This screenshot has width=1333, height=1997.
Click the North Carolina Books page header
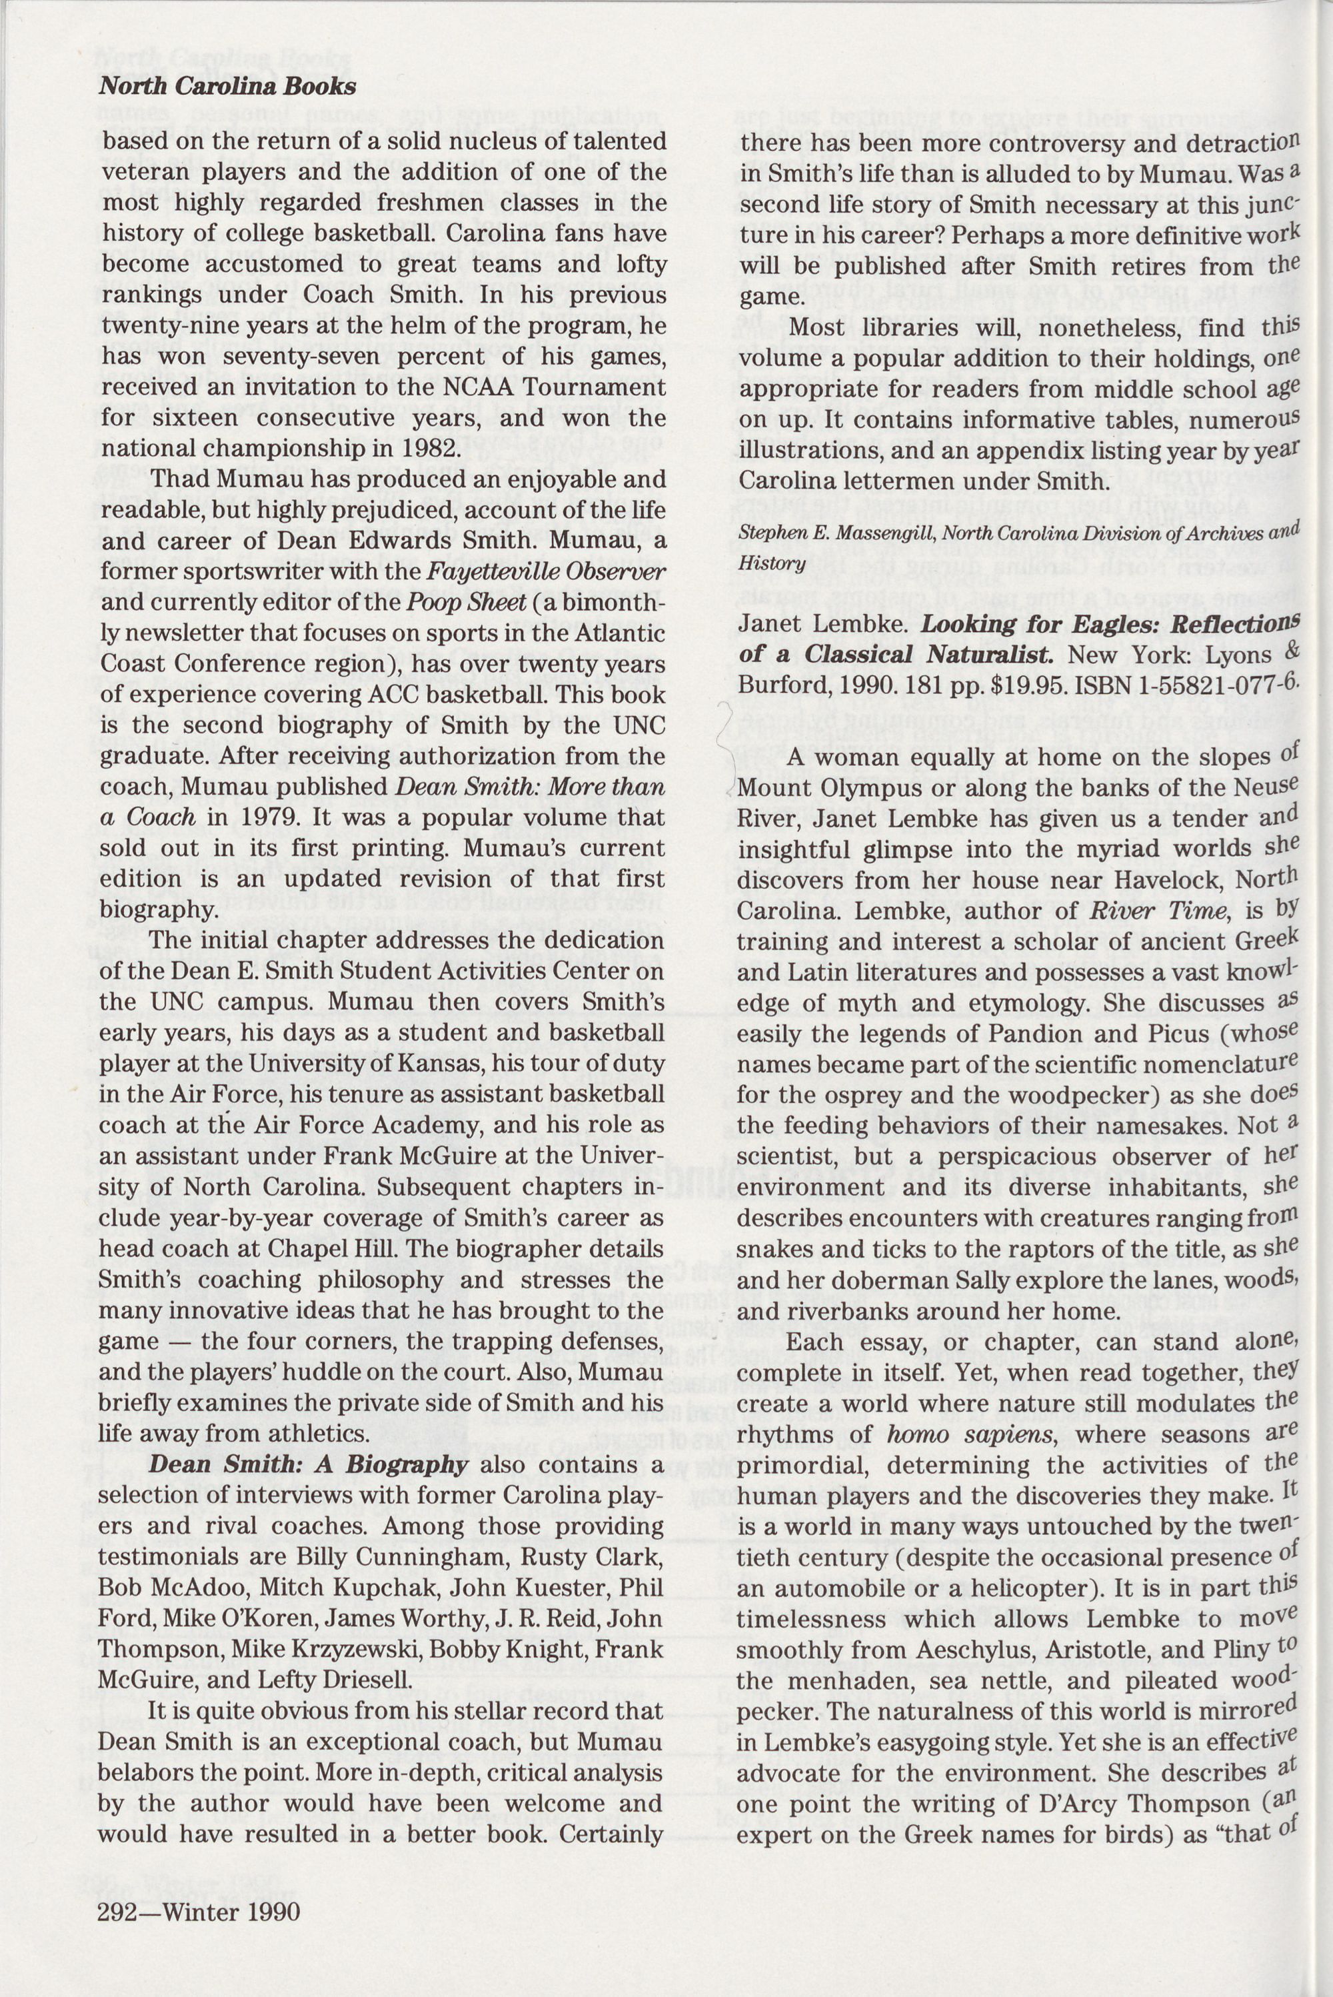click(x=227, y=86)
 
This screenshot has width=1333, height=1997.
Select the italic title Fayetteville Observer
click(x=545, y=571)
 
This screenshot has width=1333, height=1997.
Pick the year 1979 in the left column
click(x=255, y=817)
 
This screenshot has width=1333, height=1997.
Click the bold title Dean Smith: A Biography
click(x=309, y=1465)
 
